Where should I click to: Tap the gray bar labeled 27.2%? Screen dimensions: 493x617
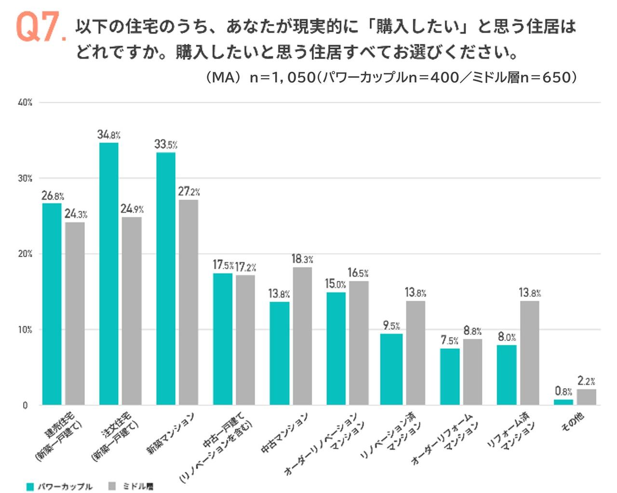(188, 302)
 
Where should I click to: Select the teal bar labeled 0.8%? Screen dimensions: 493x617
(563, 402)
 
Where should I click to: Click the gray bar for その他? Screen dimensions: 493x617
(586, 397)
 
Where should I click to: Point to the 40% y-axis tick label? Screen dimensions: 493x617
(25, 102)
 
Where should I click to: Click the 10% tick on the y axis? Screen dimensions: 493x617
(25, 330)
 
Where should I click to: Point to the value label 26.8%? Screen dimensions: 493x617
(53, 196)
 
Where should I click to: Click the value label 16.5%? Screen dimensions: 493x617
(358, 273)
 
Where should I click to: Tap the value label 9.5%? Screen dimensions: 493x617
(391, 326)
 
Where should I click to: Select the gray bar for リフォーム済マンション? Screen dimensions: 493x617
(529, 353)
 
